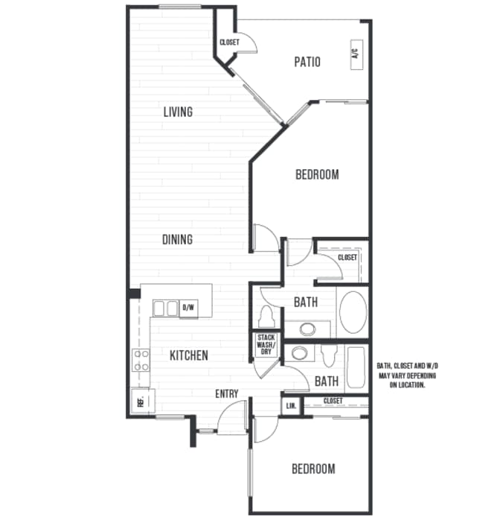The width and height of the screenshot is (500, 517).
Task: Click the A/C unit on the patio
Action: (356, 54)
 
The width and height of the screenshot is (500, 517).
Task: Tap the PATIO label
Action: (307, 62)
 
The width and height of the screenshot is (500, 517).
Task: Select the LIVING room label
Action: (178, 112)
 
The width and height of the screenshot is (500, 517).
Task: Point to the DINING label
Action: (178, 239)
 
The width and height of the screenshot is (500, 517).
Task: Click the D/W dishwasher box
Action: (189, 308)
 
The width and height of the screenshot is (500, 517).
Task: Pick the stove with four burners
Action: (141, 360)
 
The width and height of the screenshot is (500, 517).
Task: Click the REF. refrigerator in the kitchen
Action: (143, 401)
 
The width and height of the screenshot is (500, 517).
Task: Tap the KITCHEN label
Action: (189, 355)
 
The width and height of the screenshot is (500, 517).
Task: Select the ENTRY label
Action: (227, 393)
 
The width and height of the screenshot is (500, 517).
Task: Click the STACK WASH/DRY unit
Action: (266, 345)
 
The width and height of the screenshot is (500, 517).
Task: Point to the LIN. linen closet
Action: (291, 406)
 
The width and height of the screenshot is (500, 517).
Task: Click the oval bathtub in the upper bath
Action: (353, 312)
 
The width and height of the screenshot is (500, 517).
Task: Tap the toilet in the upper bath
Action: (266, 316)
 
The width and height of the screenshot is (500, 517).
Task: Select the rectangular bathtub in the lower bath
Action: (356, 368)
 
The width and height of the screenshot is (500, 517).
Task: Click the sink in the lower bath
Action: (299, 353)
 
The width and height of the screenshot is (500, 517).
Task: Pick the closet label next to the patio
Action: (229, 42)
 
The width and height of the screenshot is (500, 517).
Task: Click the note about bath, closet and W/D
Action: (408, 375)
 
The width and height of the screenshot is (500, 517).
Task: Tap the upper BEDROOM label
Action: (317, 175)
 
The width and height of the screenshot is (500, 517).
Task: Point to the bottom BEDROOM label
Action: (313, 469)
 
